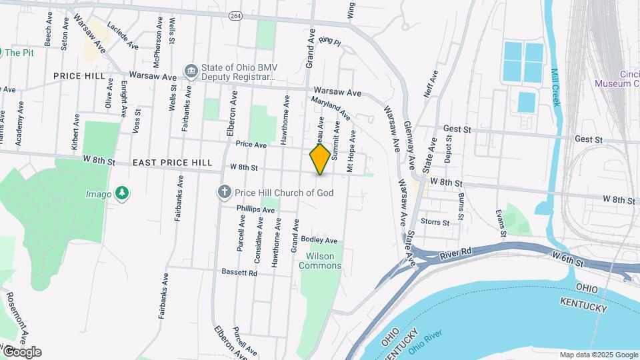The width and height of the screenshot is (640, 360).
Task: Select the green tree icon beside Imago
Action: (x=121, y=193)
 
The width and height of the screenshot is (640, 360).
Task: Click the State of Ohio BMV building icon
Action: (x=191, y=71)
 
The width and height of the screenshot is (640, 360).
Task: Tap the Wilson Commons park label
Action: (x=324, y=261)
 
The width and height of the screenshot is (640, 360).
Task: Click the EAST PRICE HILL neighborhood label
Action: (x=172, y=163)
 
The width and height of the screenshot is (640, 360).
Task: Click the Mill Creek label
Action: (x=556, y=87)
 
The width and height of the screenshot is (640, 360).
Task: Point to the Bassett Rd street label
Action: (x=240, y=273)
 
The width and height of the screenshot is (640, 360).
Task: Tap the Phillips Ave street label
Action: (x=255, y=209)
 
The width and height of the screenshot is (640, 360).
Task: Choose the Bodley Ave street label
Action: (x=319, y=240)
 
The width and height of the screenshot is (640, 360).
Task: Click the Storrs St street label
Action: (x=435, y=221)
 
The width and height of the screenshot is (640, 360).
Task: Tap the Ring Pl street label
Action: (x=329, y=41)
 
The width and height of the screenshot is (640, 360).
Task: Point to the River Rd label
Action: (x=456, y=253)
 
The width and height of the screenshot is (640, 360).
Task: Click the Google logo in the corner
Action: (x=21, y=352)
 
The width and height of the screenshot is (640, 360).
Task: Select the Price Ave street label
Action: (x=251, y=144)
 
